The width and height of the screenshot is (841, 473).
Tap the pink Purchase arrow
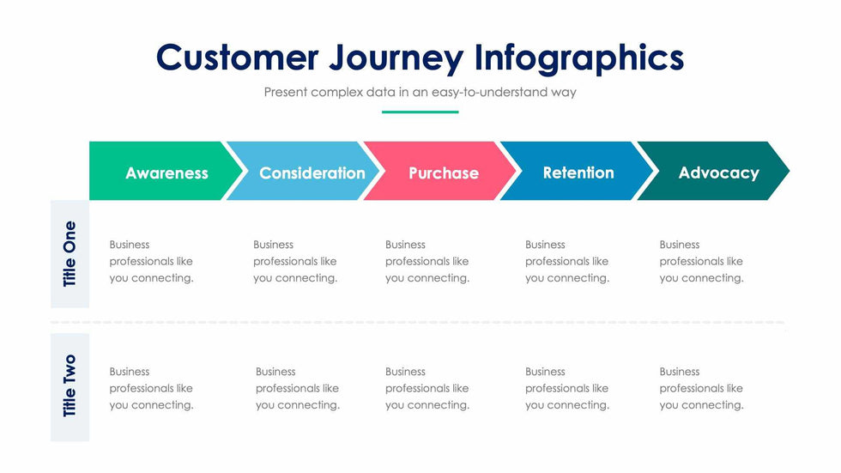tap(439, 171)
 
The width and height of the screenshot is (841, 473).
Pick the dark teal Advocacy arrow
tap(713, 171)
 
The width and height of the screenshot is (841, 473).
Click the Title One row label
tap(70, 254)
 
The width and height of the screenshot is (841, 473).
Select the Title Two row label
tap(70, 386)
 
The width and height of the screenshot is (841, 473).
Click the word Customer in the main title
tap(237, 58)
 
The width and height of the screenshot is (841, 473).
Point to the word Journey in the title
tap(396, 59)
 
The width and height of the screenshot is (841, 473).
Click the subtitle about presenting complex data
tap(420, 92)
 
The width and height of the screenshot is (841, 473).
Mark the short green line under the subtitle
tap(420, 112)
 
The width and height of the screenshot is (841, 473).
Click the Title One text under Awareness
tap(151, 261)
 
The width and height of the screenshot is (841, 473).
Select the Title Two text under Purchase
tap(427, 388)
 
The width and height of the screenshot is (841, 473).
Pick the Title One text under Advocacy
tap(702, 261)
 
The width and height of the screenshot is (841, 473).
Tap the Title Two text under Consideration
tap(298, 388)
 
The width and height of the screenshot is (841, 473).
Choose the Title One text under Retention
tap(567, 261)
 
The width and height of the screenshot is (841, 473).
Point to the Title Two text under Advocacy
tap(702, 388)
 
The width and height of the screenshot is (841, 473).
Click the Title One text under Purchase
tap(427, 261)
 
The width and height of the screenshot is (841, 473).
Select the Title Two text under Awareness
tap(151, 388)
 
